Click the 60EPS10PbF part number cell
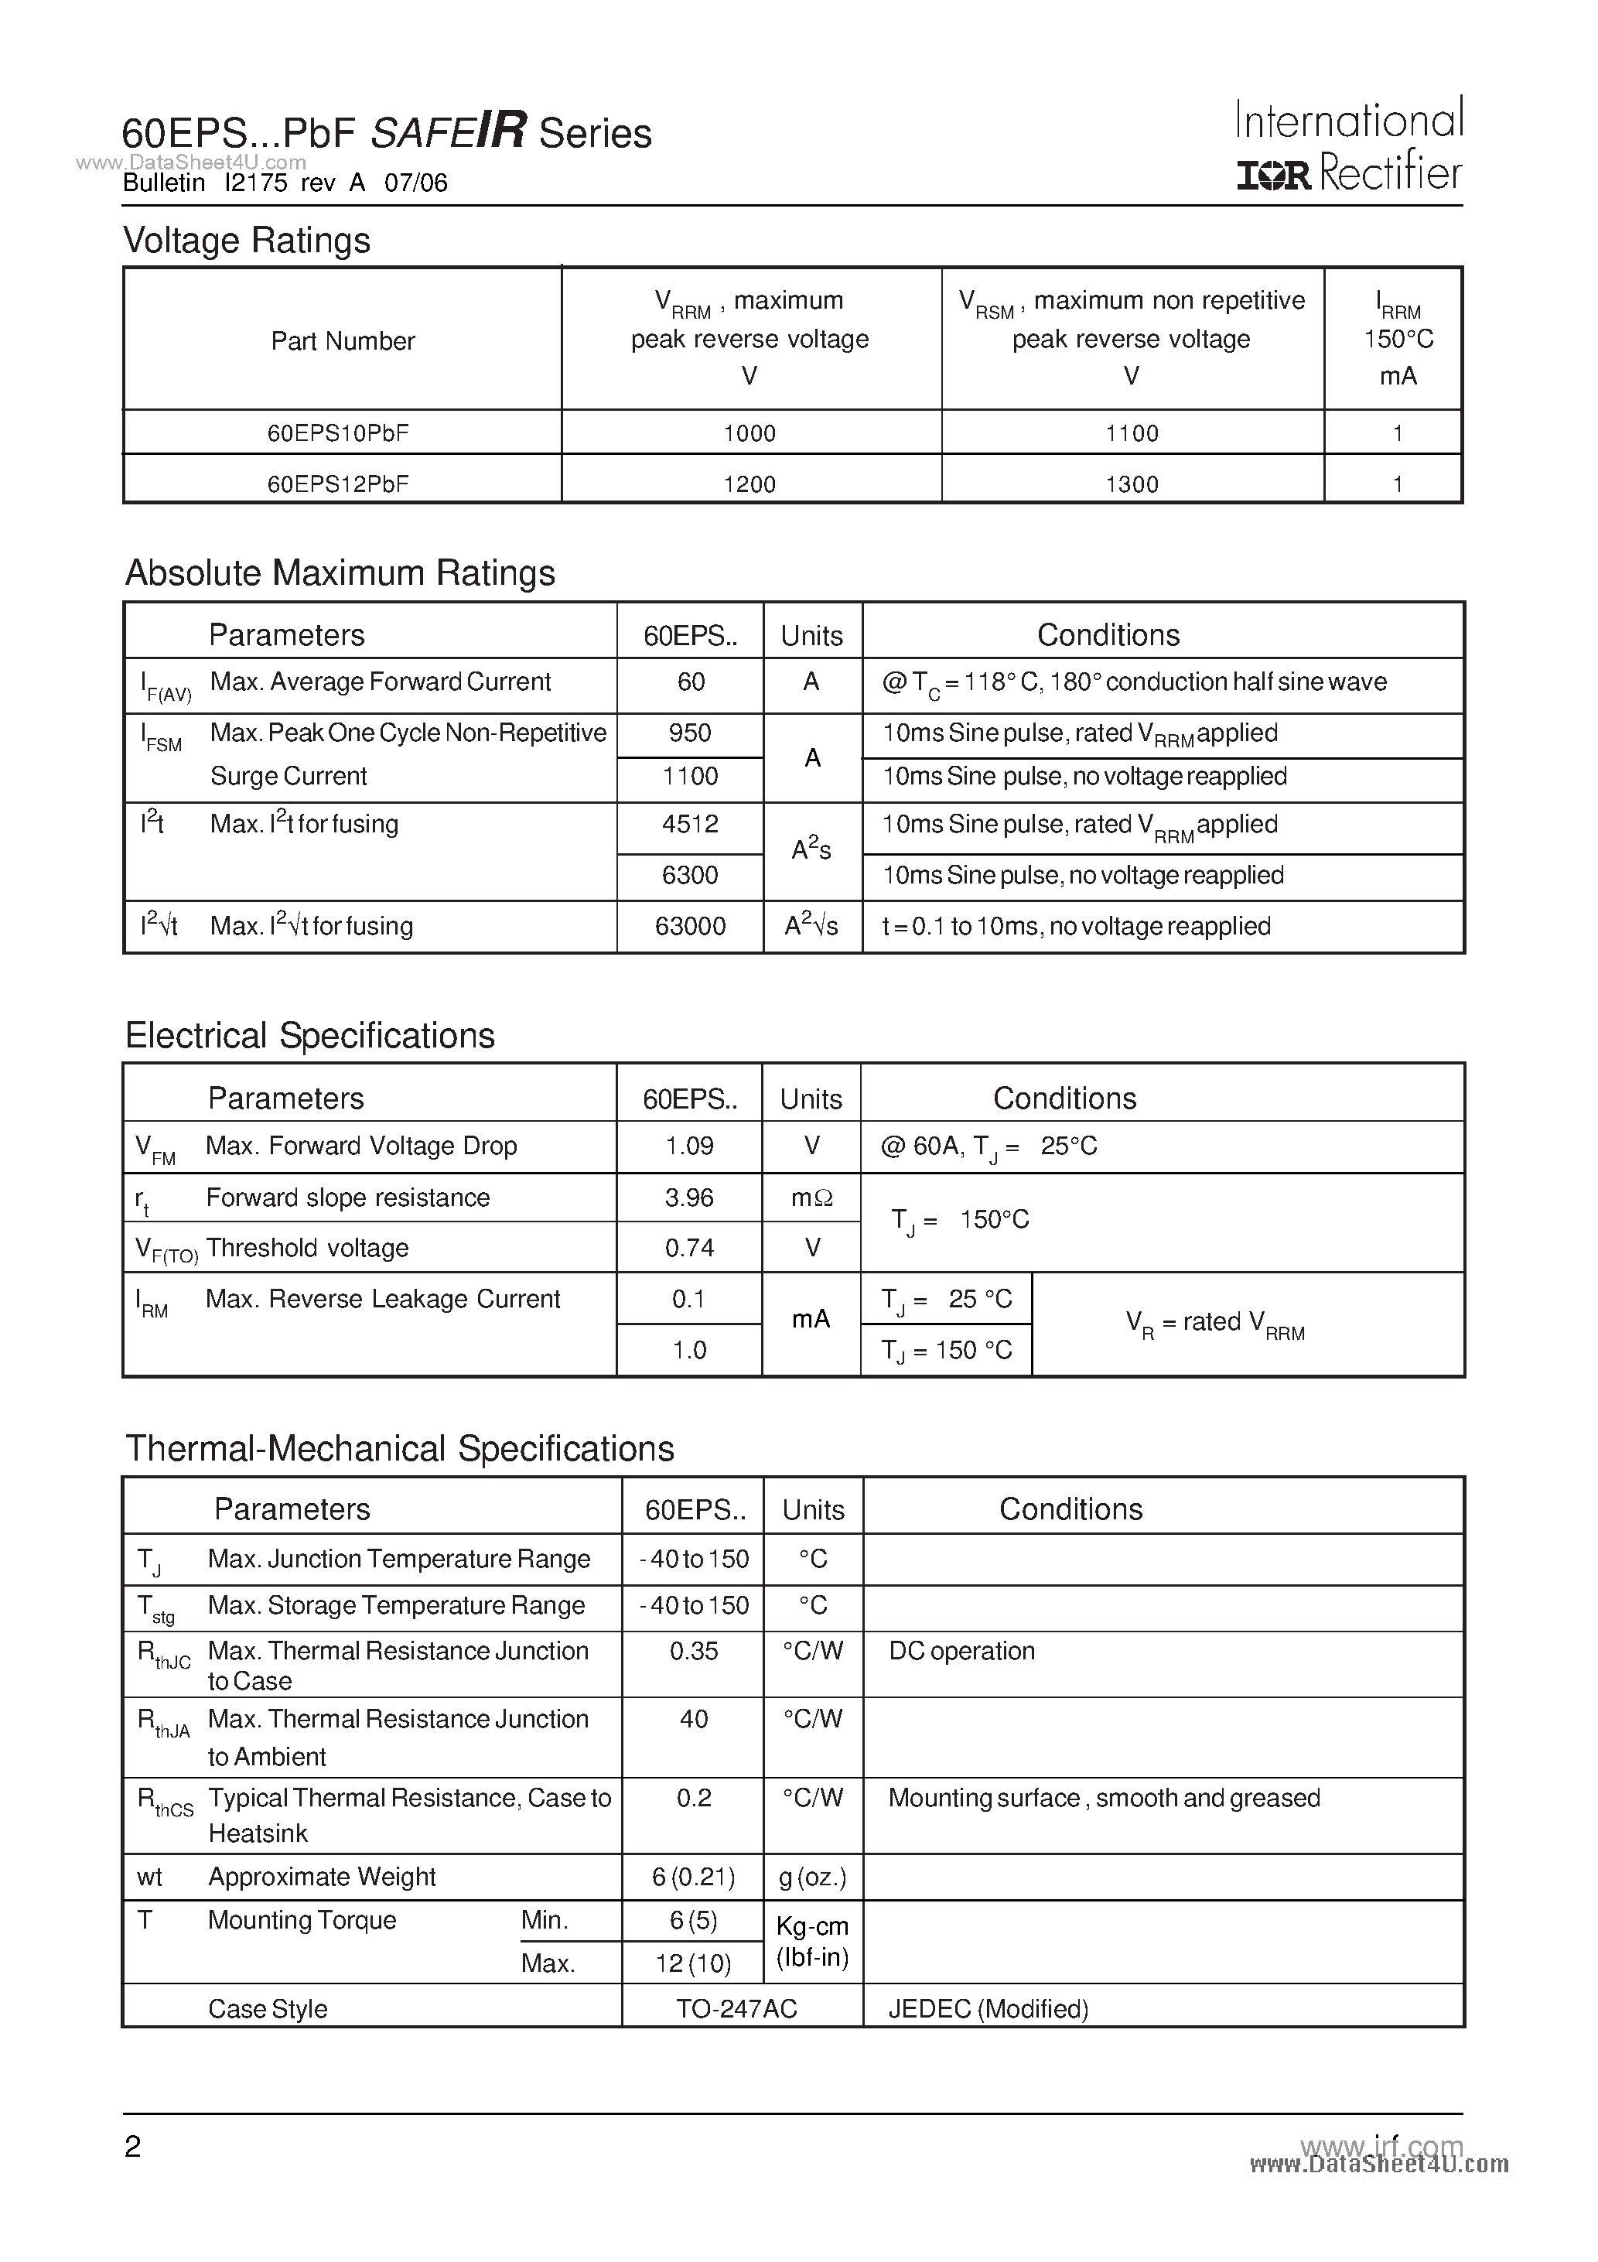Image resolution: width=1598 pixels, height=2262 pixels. point(338,432)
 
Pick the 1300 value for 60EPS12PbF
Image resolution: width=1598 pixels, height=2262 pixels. point(1132,483)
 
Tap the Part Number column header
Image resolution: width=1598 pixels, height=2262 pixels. point(343,341)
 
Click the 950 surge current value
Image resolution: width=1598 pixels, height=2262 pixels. point(690,733)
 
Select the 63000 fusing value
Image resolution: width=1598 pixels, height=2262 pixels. point(690,926)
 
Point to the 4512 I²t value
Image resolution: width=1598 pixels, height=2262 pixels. point(690,824)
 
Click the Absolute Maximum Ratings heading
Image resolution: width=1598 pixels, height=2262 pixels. point(340,573)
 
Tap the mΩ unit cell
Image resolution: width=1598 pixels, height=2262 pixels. point(812,1198)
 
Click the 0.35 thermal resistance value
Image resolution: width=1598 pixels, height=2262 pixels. point(694,1651)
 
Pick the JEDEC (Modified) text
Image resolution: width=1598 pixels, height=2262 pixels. point(989,2009)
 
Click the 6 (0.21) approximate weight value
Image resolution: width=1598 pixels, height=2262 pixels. point(694,1877)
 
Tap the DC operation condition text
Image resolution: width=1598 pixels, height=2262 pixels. point(961,1651)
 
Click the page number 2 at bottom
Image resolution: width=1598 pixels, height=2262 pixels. point(133,2147)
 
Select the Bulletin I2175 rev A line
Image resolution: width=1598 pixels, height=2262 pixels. point(285,183)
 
